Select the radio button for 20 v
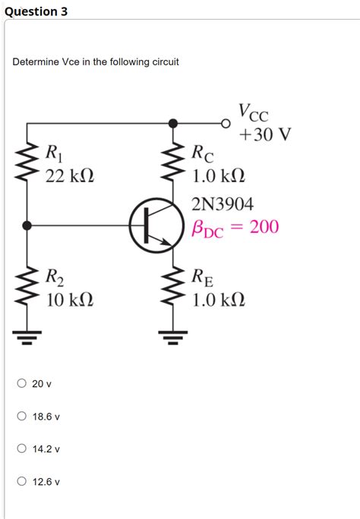point(23,384)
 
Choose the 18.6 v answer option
point(23,417)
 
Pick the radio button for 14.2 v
point(23,449)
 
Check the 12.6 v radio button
point(23,482)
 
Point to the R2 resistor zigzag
point(28,287)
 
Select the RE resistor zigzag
point(173,287)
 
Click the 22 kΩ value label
point(70,176)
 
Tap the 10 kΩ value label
point(70,300)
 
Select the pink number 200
point(264,226)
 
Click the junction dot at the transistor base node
point(28,225)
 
